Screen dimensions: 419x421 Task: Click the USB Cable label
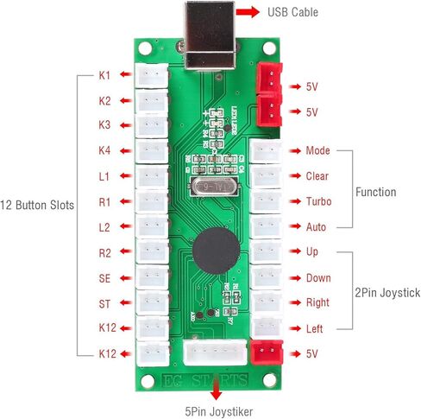pos(292,12)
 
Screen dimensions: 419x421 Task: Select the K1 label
pos(104,76)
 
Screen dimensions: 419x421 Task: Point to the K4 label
pos(104,151)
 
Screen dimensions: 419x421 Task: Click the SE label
pos(104,278)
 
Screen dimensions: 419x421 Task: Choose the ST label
pos(104,303)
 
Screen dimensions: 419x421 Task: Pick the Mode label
pos(317,151)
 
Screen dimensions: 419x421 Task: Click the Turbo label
pos(318,201)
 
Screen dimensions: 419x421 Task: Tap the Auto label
pos(317,227)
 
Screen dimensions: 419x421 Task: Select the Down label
pos(318,278)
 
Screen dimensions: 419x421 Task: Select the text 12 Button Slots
pos(38,206)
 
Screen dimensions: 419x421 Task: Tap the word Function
pos(376,192)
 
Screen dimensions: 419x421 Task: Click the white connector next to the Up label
pos(264,252)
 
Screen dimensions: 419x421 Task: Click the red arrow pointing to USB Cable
pos(248,12)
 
